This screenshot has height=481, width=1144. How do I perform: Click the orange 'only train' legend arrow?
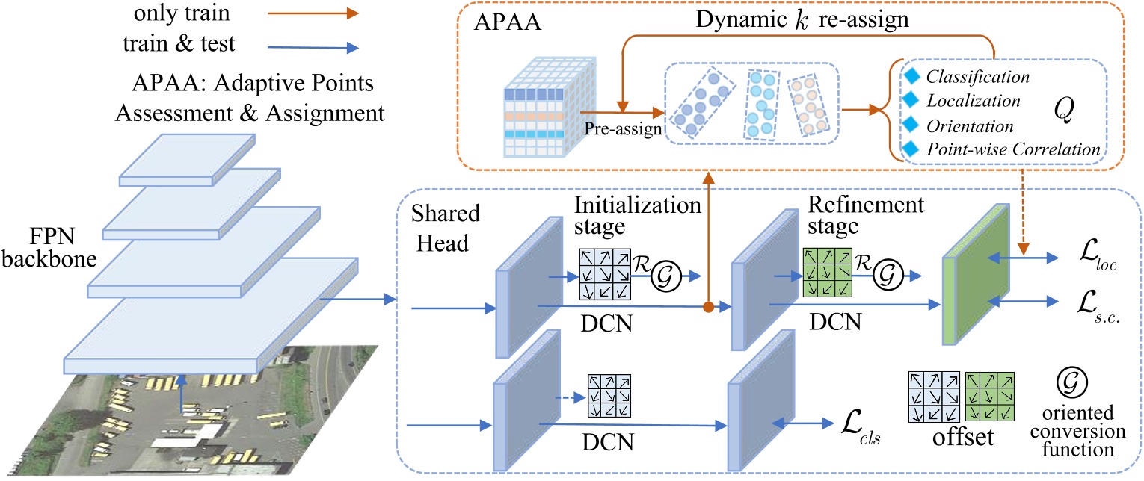(313, 13)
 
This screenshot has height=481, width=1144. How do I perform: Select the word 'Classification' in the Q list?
(977, 77)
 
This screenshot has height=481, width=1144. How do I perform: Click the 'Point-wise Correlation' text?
(1012, 150)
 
